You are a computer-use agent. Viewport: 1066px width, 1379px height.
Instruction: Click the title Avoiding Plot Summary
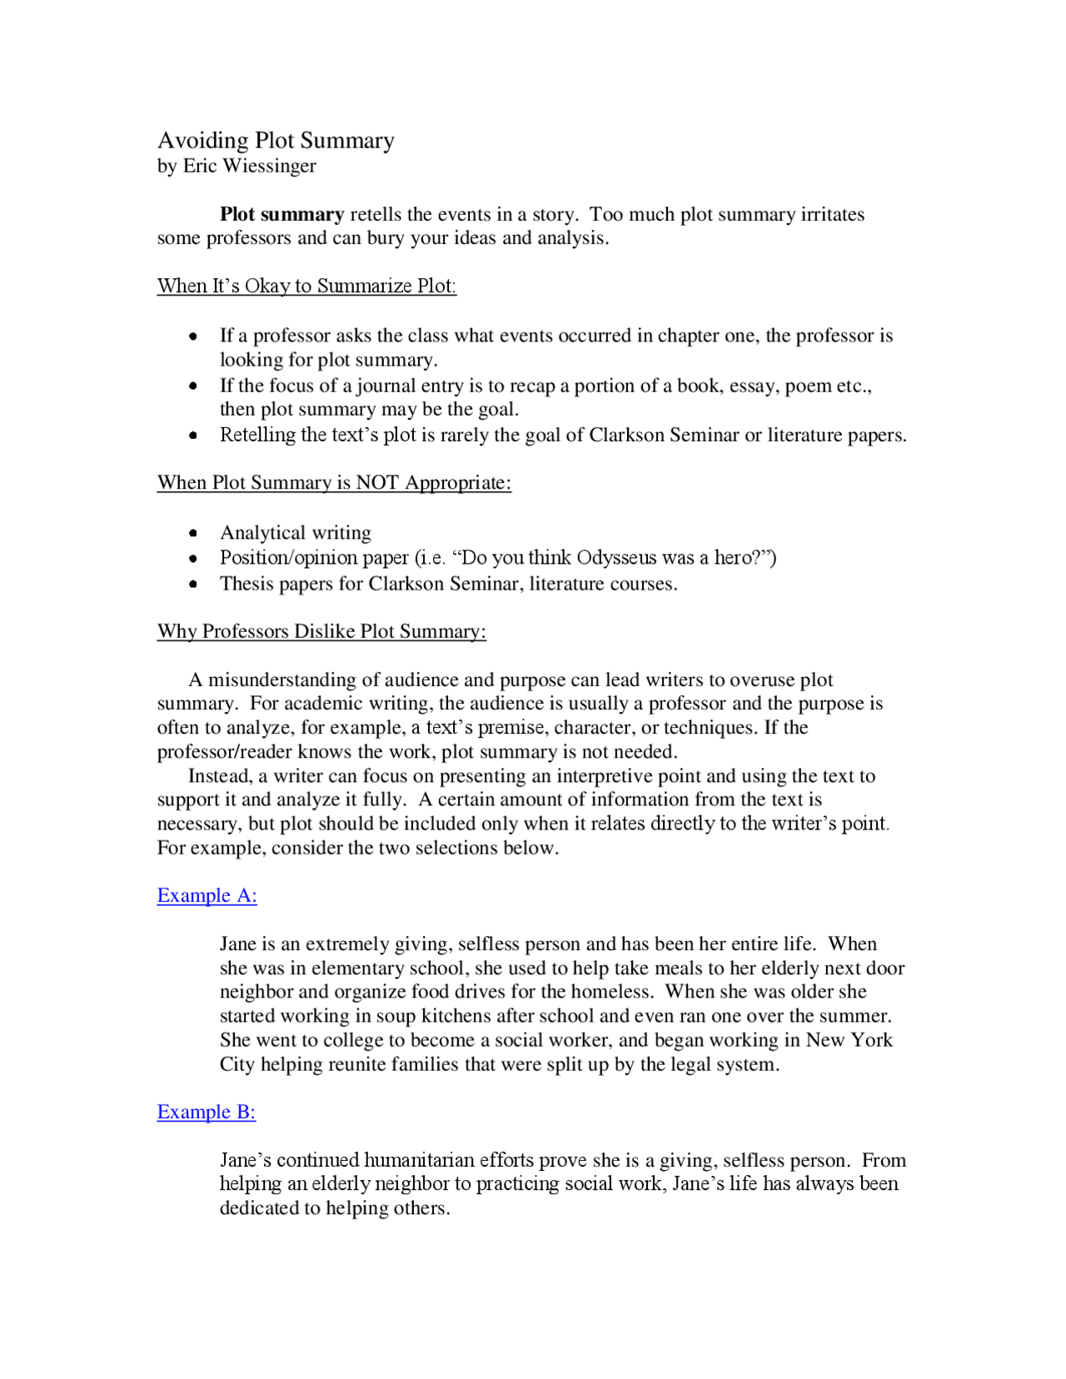coord(276,141)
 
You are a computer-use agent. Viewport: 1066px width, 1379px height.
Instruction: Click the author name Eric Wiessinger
coord(249,167)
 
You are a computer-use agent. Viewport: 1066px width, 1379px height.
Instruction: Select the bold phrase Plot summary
coord(281,215)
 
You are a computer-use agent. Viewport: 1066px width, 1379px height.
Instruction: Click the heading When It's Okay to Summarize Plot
coord(306,286)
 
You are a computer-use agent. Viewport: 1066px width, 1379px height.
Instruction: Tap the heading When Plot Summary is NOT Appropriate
coord(334,483)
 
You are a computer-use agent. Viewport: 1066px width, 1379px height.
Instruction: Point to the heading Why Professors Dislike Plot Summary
coord(321,632)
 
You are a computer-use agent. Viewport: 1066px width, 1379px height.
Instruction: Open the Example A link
coord(207,896)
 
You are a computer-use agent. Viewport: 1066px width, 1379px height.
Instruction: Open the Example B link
coord(206,1113)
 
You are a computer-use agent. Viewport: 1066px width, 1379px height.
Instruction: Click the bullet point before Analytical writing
coord(193,533)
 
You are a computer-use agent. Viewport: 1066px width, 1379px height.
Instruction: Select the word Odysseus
coord(619,558)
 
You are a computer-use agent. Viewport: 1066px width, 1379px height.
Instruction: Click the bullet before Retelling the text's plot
coord(193,436)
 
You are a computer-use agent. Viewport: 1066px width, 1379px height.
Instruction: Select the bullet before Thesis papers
coord(193,585)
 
